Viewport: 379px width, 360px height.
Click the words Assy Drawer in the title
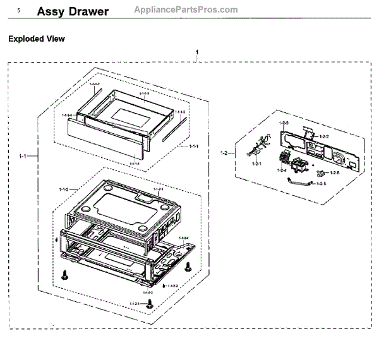73,12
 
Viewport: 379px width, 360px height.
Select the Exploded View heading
36,39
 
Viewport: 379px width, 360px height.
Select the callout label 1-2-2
324,136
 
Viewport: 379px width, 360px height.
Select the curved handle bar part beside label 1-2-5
300,183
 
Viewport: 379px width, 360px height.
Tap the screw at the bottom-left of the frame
64,275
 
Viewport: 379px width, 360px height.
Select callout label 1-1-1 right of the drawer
195,146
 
